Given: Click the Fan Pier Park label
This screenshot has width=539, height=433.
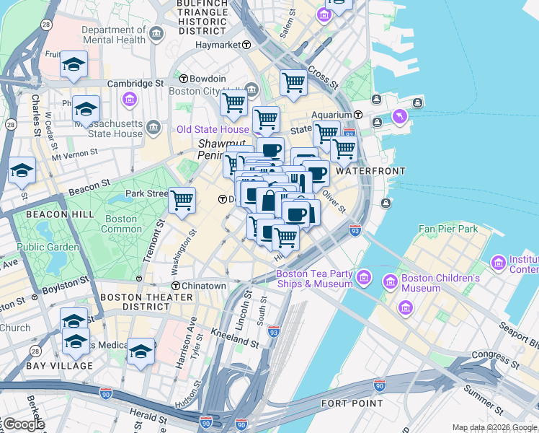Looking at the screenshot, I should (448, 229).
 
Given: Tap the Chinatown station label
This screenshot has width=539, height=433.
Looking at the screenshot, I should (204, 286).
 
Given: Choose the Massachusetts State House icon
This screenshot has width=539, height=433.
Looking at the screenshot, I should (153, 128).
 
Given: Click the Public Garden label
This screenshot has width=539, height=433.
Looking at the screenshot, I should (48, 248).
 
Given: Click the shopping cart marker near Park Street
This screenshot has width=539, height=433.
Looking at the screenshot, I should (182, 199).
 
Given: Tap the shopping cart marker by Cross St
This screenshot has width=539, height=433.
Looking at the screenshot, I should (293, 83).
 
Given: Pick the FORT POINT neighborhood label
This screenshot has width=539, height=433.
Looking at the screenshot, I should (352, 403).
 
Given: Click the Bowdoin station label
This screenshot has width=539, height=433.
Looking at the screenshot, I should (208, 79).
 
